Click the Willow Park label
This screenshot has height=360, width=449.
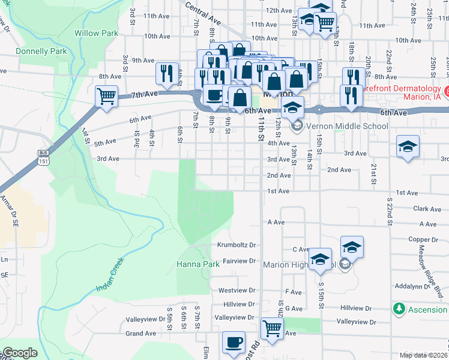pyautogui.click(x=96, y=33)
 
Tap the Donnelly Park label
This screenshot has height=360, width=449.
pyautogui.click(x=42, y=52)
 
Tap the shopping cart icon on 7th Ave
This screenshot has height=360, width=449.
pyautogui.click(x=106, y=95)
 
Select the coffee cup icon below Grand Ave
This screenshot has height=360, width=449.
pyautogui.click(x=234, y=343)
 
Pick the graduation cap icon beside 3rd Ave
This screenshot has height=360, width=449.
pyautogui.click(x=408, y=147)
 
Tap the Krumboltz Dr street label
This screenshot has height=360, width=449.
pyautogui.click(x=236, y=245)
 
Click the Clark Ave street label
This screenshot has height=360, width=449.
pyautogui.click(x=427, y=209)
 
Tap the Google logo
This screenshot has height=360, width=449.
pyautogui.click(x=20, y=353)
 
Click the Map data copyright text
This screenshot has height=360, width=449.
pyautogui.click(x=423, y=355)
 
